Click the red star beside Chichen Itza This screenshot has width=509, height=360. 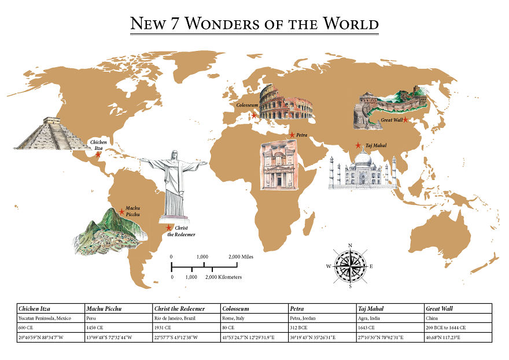tap(98, 154)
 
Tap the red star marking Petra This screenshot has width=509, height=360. tap(292, 135)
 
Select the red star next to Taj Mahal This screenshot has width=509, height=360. tap(359, 145)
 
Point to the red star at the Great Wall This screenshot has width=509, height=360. tap(405, 119)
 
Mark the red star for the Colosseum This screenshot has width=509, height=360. tap(254, 115)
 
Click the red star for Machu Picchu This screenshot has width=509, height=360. tap(121, 212)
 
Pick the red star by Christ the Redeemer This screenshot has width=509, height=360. tap(169, 227)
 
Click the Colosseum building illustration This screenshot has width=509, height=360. tap(286, 103)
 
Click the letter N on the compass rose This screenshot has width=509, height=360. tap(350, 246)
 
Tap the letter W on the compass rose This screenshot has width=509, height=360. tap(329, 266)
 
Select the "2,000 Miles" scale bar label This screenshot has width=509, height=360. tap(241, 256)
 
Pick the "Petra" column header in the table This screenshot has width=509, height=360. tap(297, 308)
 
